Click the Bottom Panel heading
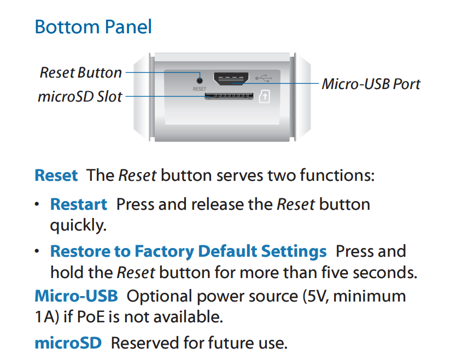[x=93, y=27]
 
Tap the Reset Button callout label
[x=81, y=73]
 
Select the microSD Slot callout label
[x=80, y=96]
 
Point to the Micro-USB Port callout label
[x=371, y=84]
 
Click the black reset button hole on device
[x=200, y=80]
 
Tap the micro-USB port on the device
[x=231, y=79]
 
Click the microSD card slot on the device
[x=229, y=96]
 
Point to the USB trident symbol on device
[x=264, y=78]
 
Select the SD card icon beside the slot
[x=264, y=96]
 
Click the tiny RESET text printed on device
[x=200, y=88]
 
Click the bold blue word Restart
[x=79, y=204]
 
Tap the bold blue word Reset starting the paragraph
[x=56, y=175]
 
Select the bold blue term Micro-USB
[x=77, y=296]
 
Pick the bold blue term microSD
[x=68, y=343]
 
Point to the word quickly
[x=78, y=226]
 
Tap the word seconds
[x=385, y=272]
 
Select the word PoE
[x=91, y=317]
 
